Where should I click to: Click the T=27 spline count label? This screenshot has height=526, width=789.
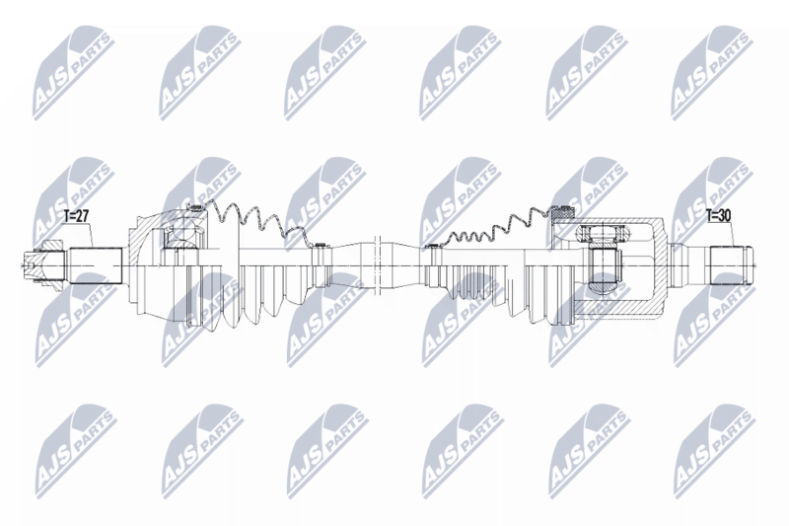tap(77, 217)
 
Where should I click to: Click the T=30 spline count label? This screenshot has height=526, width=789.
tap(718, 216)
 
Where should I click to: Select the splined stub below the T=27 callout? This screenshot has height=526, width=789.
tap(96, 265)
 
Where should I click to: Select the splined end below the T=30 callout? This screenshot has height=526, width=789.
tap(732, 264)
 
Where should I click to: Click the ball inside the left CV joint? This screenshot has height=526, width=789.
tap(182, 237)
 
